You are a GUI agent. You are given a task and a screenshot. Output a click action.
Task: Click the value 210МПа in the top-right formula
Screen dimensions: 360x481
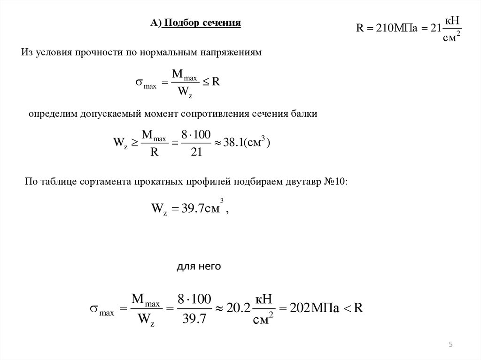pos(392,28)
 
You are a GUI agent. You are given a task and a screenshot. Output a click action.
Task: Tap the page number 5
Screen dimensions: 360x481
pos(450,345)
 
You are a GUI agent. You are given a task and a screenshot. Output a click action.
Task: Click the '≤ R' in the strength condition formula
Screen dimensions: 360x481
pos(211,82)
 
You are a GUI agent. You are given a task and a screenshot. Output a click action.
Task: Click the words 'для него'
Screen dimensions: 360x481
pos(198,267)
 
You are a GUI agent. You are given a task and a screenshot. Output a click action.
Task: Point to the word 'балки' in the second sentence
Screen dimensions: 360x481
pos(306,114)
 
